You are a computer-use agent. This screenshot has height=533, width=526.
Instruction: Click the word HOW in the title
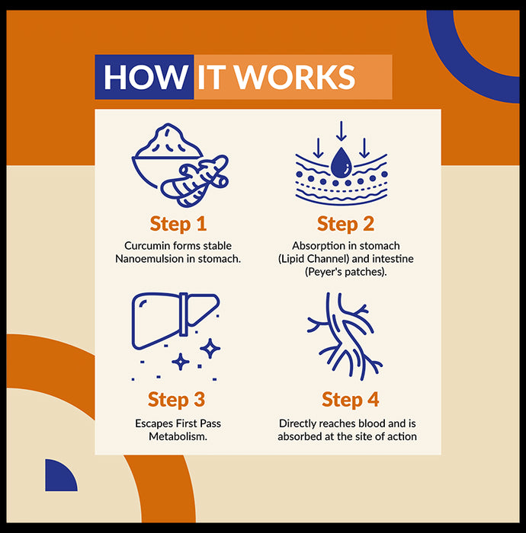pos(146,77)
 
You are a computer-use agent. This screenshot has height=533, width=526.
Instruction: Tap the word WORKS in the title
pos(295,77)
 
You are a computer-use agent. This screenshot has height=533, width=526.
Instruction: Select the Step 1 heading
pos(178,224)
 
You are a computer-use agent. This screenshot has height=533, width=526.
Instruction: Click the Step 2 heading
pos(345,224)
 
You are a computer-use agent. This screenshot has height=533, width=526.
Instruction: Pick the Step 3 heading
pos(176,400)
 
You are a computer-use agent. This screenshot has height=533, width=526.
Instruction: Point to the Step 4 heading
pos(350,400)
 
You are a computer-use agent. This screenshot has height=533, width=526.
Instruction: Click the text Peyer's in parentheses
pos(323,272)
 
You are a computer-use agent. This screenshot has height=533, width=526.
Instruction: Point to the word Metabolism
pos(178,436)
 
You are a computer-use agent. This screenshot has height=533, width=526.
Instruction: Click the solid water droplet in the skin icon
pos(342,162)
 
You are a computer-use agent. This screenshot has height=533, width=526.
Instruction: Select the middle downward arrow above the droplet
pos(342,131)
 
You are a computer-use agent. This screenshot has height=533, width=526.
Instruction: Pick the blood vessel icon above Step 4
pos(344,337)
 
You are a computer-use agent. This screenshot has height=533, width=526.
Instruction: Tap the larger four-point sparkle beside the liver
pos(210,349)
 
